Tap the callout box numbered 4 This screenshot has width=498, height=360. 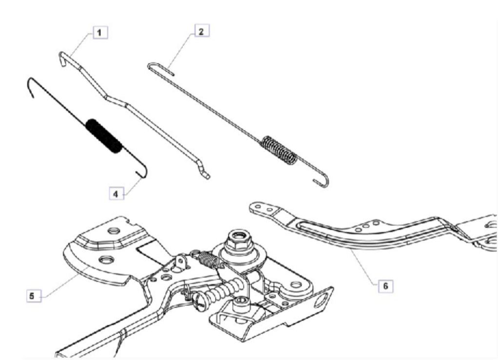pos(116,193)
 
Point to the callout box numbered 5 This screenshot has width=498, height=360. pos(33,295)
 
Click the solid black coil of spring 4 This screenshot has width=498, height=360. pos(104,136)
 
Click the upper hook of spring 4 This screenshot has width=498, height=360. pos(30,85)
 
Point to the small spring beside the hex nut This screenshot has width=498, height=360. pos(210,260)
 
